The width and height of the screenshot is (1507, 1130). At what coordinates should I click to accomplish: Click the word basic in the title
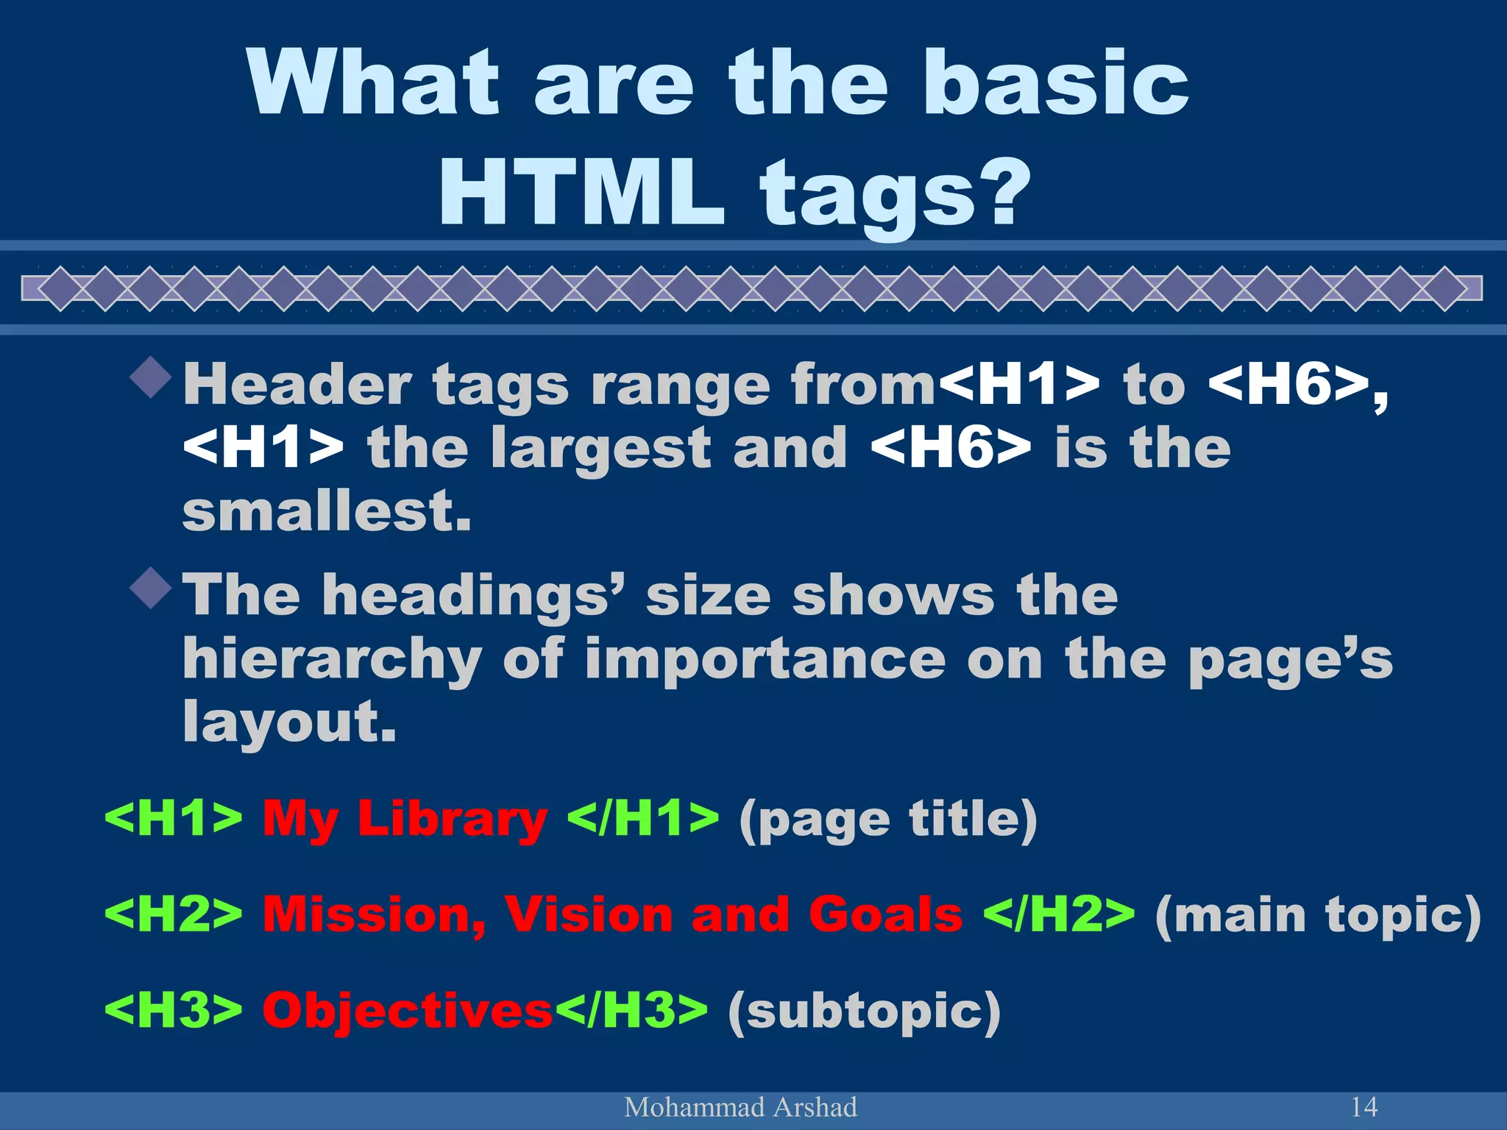[1056, 82]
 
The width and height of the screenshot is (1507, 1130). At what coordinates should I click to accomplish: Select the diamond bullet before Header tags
[151, 377]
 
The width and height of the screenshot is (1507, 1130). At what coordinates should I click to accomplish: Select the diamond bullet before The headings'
[151, 588]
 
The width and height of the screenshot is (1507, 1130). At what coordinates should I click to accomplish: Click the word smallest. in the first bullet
[327, 511]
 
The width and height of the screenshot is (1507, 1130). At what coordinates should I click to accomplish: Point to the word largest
[600, 449]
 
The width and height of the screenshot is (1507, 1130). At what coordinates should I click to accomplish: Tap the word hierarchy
[332, 659]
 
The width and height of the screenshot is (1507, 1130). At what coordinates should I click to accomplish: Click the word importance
[765, 659]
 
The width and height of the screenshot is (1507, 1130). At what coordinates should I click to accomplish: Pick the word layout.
[289, 722]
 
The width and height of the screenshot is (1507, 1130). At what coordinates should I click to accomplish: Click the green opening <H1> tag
[174, 818]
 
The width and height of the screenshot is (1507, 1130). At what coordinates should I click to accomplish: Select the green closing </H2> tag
[1059, 914]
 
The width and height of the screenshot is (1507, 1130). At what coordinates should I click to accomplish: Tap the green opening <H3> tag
[174, 1010]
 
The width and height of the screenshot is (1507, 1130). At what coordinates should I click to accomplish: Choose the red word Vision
[589, 914]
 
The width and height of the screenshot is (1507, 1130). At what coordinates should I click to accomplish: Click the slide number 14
[1364, 1106]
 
